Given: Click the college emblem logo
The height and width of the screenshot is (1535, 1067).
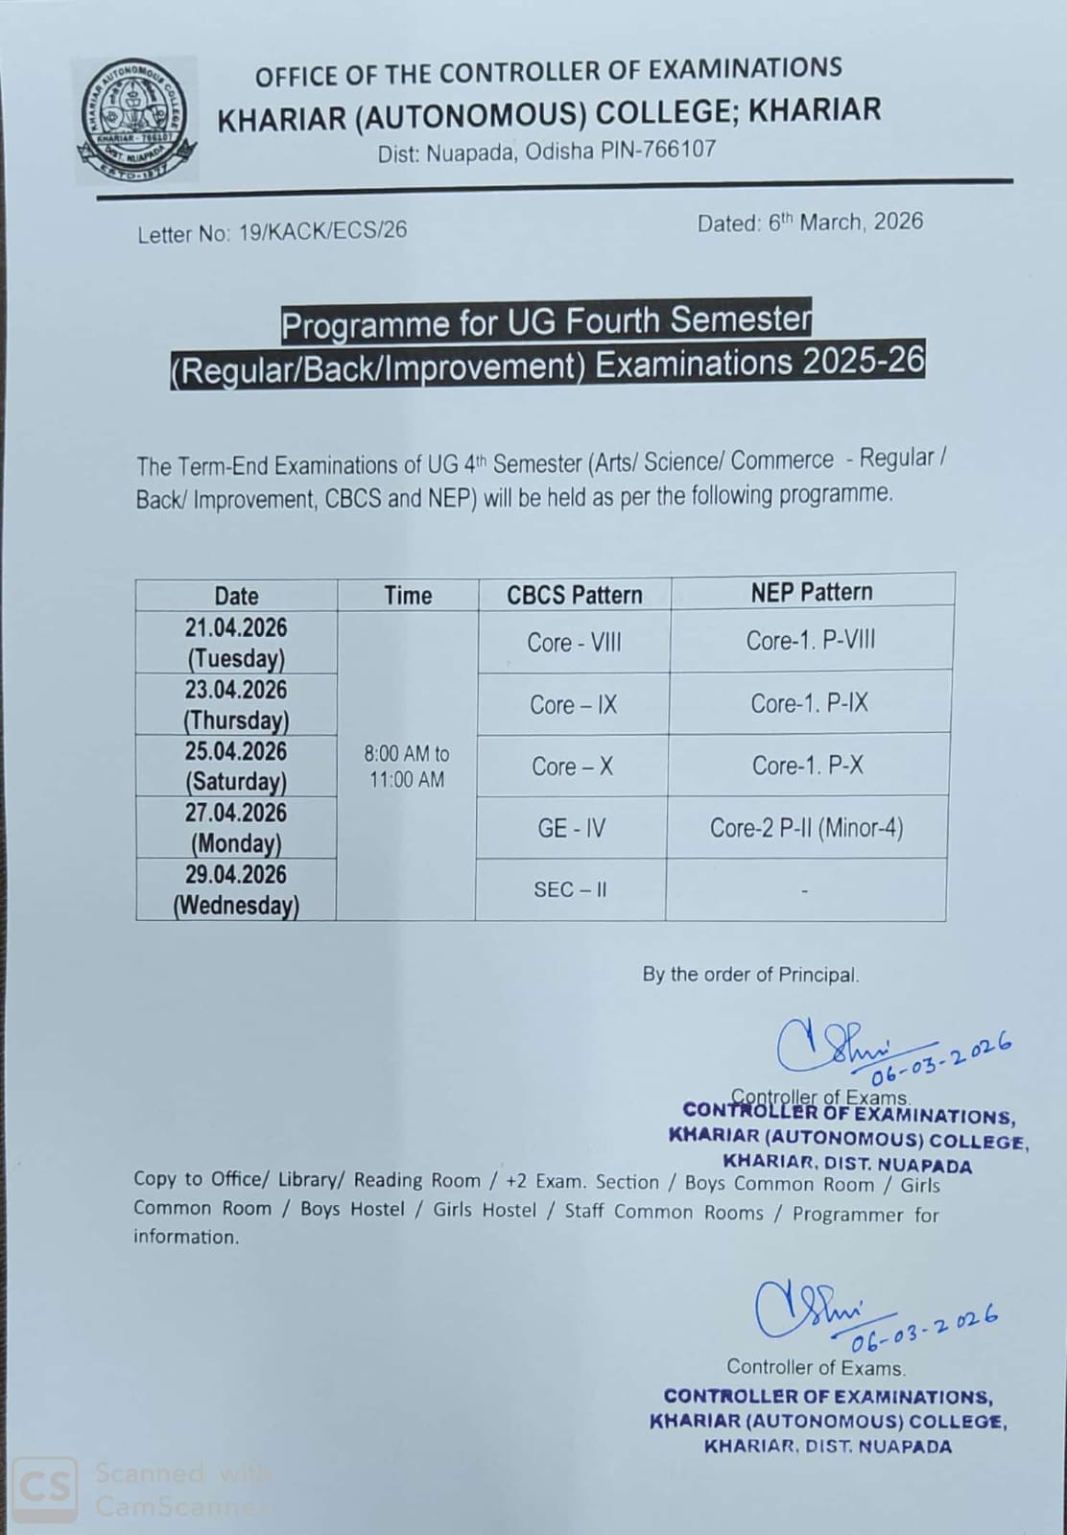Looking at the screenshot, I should click(137, 119).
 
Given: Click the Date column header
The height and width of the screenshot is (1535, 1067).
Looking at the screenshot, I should click(236, 596).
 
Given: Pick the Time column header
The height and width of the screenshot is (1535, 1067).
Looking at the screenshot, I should click(408, 596).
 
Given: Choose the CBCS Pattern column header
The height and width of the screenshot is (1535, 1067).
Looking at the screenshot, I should click(574, 595).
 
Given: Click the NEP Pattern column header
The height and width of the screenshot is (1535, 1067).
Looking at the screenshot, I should click(812, 592).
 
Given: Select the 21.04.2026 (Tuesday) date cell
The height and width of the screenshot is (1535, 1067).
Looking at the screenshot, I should click(236, 643).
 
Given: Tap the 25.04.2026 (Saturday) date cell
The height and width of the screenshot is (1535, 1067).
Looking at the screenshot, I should click(236, 766).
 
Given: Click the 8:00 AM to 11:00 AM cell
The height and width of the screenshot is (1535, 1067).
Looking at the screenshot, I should click(407, 767).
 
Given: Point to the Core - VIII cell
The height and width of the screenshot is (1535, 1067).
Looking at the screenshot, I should click(574, 642).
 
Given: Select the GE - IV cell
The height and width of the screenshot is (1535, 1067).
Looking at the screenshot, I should click(572, 828).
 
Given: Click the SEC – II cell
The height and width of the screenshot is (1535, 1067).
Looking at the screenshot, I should click(571, 890).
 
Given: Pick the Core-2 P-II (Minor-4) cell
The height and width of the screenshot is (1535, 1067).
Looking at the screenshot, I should click(806, 828).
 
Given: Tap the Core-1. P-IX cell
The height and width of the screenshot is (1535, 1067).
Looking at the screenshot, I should click(809, 703).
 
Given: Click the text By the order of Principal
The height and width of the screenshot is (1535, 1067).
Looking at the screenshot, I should click(750, 975).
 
